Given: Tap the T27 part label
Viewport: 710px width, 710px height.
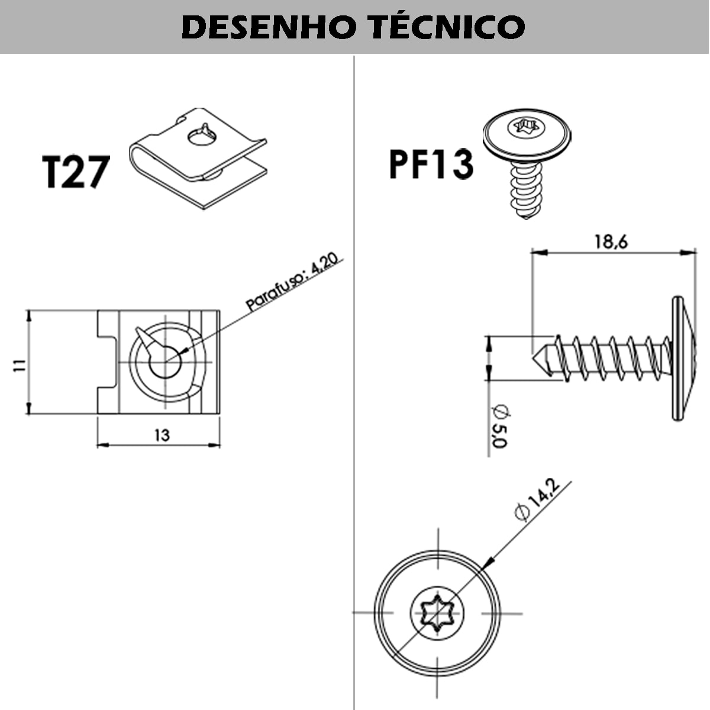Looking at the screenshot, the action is pos(76,172).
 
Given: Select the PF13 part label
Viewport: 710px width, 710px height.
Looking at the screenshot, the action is pos(431,164).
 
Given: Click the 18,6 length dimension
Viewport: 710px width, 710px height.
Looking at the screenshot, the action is pos(611,242).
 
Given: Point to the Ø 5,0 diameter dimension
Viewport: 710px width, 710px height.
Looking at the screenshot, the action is pos(499,426).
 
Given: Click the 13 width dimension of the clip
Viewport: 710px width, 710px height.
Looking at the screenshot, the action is pos(162,435).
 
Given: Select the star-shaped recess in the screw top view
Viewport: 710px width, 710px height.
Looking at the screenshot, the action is pos(437,614).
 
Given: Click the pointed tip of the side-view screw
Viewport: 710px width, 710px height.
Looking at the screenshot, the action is pos(532,358).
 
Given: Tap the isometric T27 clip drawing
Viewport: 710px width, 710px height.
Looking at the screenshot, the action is pos(198,159).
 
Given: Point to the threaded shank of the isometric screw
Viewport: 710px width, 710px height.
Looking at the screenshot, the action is pos(527,190).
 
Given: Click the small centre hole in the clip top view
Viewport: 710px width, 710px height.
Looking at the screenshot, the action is pos(166,363).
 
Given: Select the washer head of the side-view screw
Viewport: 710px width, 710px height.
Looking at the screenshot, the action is pos(683,358).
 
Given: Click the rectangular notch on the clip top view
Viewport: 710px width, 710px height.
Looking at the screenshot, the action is pos(107,362).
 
